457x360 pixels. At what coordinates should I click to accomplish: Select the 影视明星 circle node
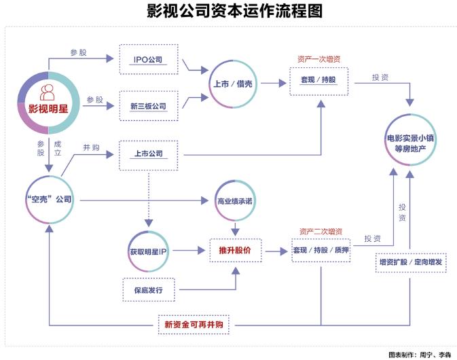pos(48,102)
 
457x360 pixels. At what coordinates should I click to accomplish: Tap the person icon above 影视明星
pos(48,91)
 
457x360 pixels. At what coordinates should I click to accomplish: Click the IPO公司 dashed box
pos(148,60)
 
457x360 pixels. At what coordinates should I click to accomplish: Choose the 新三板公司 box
pos(148,106)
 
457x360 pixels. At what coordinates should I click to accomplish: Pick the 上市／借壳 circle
pos(234,84)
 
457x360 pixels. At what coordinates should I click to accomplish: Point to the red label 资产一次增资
pos(318,59)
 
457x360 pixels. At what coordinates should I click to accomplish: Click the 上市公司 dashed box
pos(148,154)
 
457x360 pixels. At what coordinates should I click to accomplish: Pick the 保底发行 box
pos(148,291)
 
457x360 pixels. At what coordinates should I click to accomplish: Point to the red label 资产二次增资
pos(321,231)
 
